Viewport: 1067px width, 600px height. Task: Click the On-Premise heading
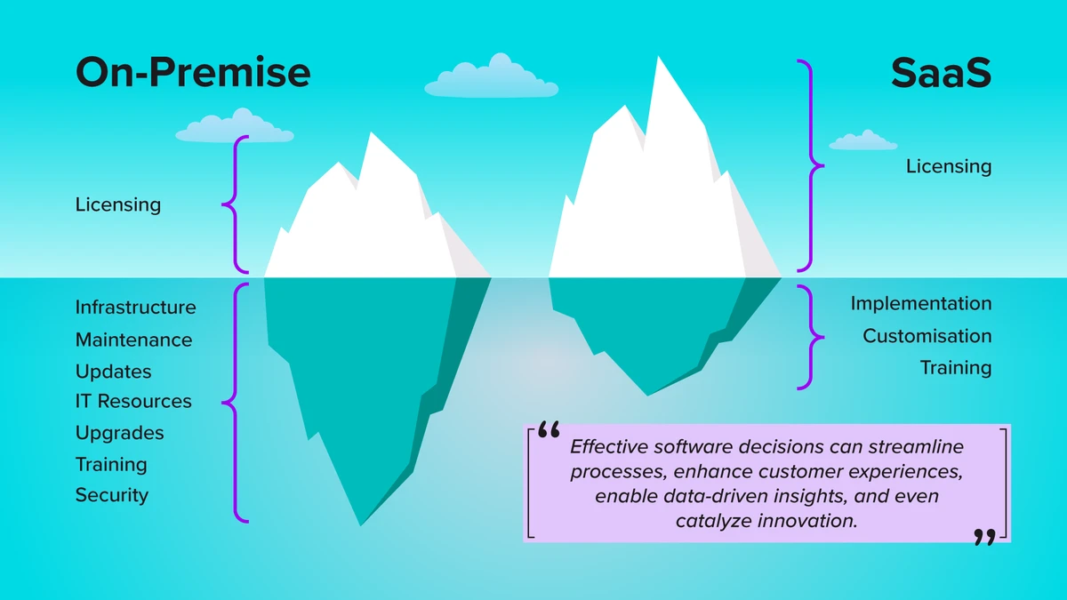tap(193, 73)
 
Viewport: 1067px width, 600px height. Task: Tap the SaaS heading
tap(941, 73)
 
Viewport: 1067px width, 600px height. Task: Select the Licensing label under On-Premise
tap(118, 205)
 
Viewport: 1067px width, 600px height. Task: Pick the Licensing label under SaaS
tap(949, 166)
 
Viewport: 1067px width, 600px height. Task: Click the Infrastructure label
tap(135, 308)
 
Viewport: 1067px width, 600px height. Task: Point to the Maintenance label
tap(133, 340)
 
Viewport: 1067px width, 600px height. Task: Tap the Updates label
tap(113, 372)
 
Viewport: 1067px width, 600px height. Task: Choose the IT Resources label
tap(133, 402)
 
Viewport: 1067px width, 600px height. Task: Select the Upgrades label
tap(119, 434)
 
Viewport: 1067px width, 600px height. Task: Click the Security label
tap(111, 495)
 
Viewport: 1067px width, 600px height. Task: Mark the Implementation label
tap(920, 303)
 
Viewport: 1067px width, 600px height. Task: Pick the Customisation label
tap(927, 336)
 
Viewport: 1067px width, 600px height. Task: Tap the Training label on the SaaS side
tap(955, 368)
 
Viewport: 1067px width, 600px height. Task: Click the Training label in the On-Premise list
tap(111, 464)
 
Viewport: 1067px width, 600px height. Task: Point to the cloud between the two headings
tap(491, 77)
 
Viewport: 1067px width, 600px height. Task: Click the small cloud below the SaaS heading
tap(862, 140)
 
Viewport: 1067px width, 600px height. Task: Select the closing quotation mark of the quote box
tap(983, 536)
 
